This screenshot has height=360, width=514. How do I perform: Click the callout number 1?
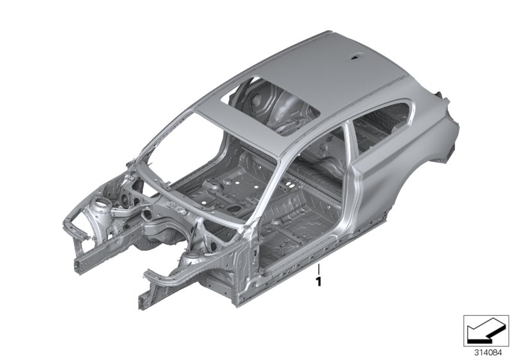pyautogui.click(x=318, y=282)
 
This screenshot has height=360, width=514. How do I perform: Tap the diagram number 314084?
pyautogui.click(x=488, y=353)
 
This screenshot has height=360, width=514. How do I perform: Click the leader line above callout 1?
pyautogui.click(x=318, y=270)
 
